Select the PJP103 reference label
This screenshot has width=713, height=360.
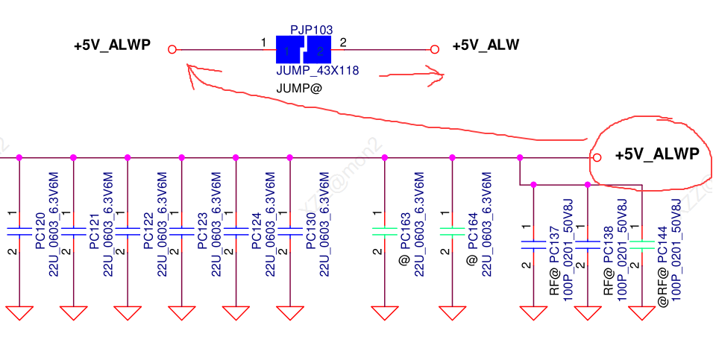click(x=311, y=30)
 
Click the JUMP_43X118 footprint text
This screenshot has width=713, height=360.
click(x=318, y=72)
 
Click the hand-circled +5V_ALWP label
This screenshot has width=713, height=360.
click(x=656, y=155)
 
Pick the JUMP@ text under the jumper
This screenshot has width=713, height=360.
click(x=300, y=88)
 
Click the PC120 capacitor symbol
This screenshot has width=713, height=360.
click(x=19, y=232)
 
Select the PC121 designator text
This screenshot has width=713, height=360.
click(x=94, y=232)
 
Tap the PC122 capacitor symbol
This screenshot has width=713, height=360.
click(x=128, y=232)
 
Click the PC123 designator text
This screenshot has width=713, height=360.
click(x=203, y=232)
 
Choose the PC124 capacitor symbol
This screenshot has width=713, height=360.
click(x=236, y=232)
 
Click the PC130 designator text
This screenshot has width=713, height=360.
click(x=311, y=232)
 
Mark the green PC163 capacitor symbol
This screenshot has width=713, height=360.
click(x=384, y=232)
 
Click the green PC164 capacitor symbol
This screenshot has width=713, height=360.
click(x=453, y=232)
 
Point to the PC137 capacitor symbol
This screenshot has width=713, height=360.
click(x=533, y=244)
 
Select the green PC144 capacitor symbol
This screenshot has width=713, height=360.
click(x=641, y=244)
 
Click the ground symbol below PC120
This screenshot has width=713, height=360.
click(x=19, y=312)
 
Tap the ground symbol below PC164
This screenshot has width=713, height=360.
click(x=453, y=312)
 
